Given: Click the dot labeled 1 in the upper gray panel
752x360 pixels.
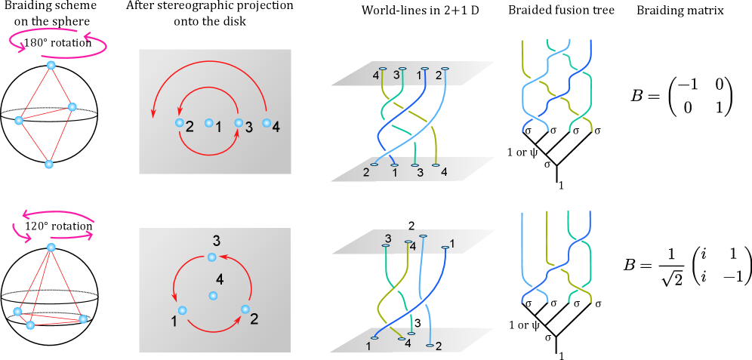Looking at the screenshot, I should coord(210,122).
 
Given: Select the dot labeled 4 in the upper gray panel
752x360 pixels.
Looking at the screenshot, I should coord(266,122).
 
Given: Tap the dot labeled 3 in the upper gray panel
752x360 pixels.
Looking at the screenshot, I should coord(239,122).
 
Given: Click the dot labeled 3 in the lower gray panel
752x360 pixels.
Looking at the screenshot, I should coord(212,258).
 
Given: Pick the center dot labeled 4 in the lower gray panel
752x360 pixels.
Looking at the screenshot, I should coord(214,295).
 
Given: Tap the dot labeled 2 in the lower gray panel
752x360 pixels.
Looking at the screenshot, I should coord(245,309).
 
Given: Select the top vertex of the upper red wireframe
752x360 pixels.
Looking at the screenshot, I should coord(51,66).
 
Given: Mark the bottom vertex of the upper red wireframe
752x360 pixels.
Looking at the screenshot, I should coord(49,164).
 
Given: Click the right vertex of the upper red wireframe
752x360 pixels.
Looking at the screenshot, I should coord(72,106).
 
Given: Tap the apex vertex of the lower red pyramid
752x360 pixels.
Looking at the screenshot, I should coord(51,248).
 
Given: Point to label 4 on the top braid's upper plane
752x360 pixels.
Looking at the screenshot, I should coord(375,75).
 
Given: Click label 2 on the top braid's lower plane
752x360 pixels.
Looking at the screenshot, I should coord(366,172).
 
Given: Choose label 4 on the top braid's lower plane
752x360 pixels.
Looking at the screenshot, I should coord(443,172).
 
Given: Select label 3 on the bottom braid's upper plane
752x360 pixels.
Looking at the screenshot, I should coord(388,238).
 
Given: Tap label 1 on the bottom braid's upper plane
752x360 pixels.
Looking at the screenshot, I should coord(452,243).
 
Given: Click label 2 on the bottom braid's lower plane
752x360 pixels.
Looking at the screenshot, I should coord(438,346).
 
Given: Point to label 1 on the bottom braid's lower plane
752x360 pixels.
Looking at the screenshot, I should coord(368,346).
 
